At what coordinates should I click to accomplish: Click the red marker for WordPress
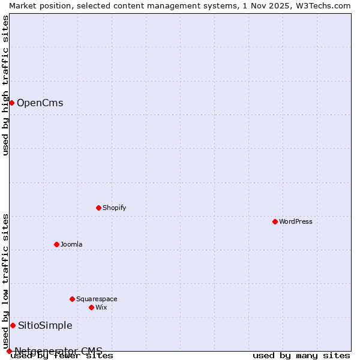click(275, 221)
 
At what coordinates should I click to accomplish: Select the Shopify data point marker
click(98, 208)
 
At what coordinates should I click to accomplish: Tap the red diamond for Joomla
click(56, 244)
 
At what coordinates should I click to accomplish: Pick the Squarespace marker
click(72, 299)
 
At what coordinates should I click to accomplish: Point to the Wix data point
click(91, 307)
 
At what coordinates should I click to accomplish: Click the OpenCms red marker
click(11, 103)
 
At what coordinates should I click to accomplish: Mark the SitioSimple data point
click(13, 325)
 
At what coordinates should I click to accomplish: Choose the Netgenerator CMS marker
click(9, 351)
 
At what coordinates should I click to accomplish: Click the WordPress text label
click(296, 221)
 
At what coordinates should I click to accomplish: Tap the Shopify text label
click(114, 208)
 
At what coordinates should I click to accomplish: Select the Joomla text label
click(71, 244)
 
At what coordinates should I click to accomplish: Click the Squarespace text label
click(97, 299)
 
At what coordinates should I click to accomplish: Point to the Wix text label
click(101, 307)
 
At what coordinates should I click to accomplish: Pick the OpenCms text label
click(40, 103)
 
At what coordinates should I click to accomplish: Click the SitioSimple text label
click(45, 325)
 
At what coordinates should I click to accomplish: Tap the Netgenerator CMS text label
click(58, 350)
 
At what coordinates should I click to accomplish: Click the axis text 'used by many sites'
click(301, 356)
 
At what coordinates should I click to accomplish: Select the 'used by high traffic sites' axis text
click(5, 85)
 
